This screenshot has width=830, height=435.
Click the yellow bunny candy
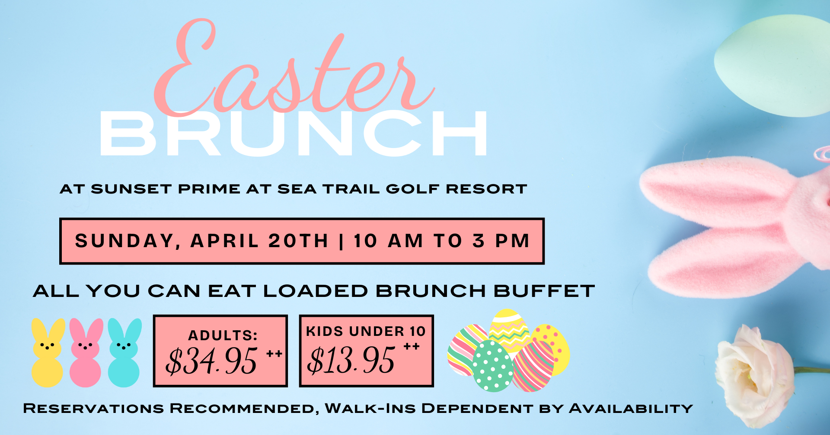(x=48, y=353)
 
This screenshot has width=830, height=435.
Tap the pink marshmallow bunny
(x=86, y=353)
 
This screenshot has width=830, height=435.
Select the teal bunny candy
(x=124, y=353)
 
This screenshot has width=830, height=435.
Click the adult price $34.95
(x=212, y=361)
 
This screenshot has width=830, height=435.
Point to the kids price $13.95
(x=351, y=360)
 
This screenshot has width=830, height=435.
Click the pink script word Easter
(x=294, y=69)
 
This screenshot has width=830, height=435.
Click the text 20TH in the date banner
(x=298, y=241)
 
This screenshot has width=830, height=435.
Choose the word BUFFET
(x=544, y=291)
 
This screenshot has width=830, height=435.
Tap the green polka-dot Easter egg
(x=493, y=366)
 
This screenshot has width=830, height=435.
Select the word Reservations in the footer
(x=93, y=408)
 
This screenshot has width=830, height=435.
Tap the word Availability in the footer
(x=631, y=408)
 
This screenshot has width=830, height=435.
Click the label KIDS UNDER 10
(x=366, y=331)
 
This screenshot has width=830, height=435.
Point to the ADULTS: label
(x=223, y=335)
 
